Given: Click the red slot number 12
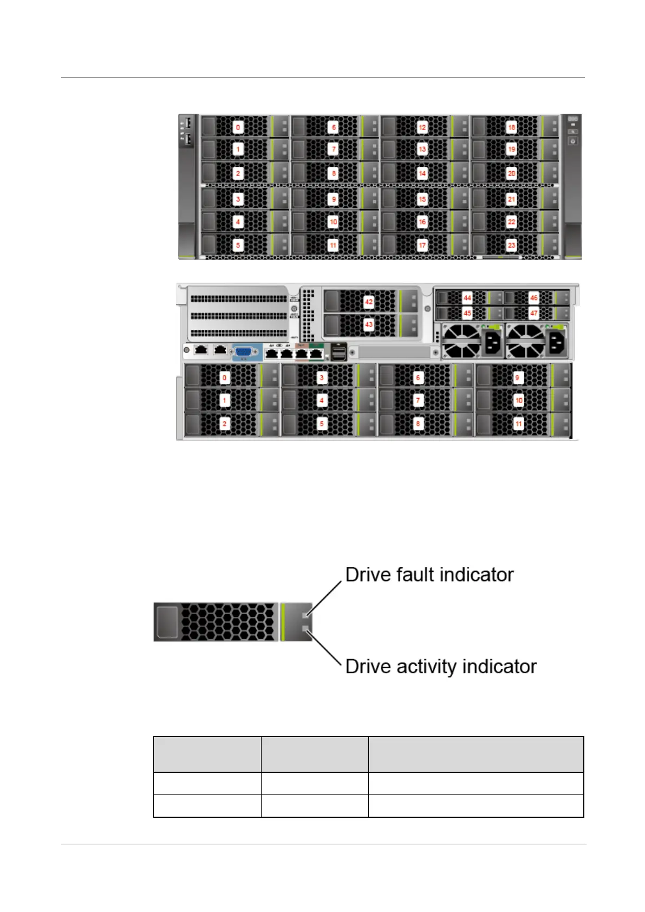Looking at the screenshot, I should (422, 127).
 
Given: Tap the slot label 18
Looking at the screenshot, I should (511, 127).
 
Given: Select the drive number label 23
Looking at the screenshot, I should (511, 245).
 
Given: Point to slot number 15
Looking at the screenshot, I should (422, 199).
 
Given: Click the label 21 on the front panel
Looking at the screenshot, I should (511, 199).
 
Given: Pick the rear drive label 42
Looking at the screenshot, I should (369, 302).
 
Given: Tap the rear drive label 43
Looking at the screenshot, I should (369, 324).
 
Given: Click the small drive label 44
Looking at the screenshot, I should (467, 298).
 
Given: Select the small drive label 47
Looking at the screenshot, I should (533, 313).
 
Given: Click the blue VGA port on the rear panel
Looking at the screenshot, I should (246, 351).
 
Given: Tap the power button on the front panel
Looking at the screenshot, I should (572, 141).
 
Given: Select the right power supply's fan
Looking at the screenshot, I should (525, 341).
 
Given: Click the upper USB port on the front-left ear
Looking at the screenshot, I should (188, 122).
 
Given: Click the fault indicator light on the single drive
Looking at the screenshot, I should (306, 615).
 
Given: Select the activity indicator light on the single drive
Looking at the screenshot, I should (306, 629).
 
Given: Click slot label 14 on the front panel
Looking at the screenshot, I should (422, 173).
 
